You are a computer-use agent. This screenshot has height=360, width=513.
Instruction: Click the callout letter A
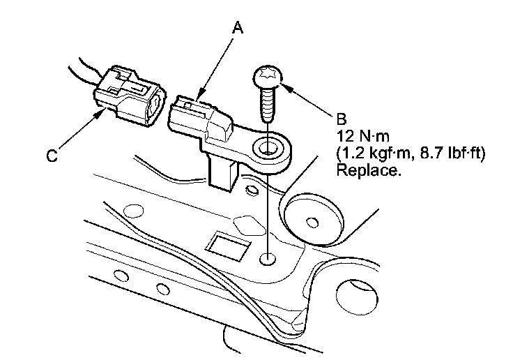[x=238, y=27]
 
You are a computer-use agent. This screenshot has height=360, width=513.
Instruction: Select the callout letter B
[x=342, y=119]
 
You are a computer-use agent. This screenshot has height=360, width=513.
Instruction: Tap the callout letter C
[x=52, y=156]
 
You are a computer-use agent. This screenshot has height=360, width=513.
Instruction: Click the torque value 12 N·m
[x=363, y=136]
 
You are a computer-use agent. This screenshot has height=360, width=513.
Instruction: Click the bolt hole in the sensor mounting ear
[x=267, y=149]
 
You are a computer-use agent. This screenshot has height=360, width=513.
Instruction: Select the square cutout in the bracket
[x=227, y=246]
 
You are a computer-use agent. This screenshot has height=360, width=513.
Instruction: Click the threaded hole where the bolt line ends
[x=268, y=260]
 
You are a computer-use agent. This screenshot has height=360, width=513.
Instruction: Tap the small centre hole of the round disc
[x=312, y=223]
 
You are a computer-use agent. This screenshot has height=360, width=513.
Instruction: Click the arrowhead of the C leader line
[x=100, y=114]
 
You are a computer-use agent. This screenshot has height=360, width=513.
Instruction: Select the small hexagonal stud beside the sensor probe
[x=251, y=190]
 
